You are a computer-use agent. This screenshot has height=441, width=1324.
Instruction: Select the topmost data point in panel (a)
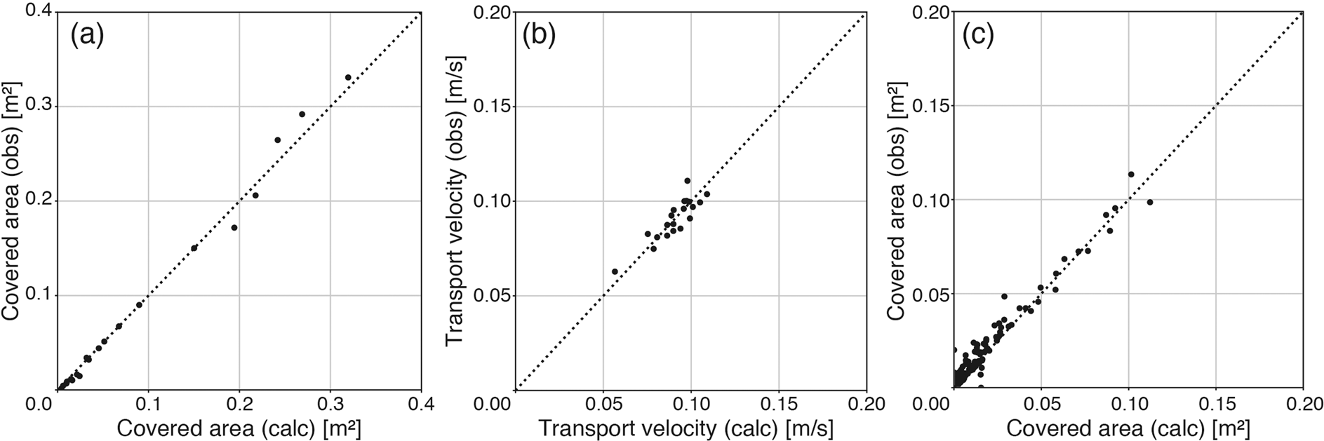[348, 77]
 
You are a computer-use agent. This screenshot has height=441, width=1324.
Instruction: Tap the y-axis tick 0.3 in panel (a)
[32, 106]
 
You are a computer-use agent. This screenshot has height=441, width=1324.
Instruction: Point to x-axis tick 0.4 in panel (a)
[420, 405]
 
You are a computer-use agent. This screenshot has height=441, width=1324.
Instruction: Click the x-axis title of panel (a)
[239, 428]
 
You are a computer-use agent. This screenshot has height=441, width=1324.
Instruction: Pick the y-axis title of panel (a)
[13, 202]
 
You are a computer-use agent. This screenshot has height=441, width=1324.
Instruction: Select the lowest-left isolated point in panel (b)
[615, 271]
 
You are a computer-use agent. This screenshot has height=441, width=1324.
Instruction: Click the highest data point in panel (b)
[687, 181]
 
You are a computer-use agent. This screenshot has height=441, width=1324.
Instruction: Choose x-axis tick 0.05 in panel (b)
[603, 405]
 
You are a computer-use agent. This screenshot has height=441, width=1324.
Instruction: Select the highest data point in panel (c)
[1131, 174]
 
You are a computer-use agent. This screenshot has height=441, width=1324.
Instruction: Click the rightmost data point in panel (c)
[1149, 202]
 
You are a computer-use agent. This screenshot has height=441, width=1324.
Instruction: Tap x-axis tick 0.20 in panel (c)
[1302, 405]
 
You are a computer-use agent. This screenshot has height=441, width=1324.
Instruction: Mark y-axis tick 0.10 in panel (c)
[928, 201]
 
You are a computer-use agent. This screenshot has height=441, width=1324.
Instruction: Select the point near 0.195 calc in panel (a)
[234, 227]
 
